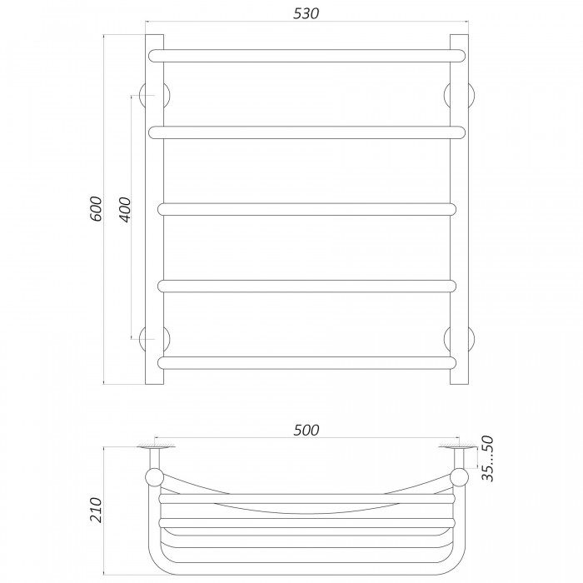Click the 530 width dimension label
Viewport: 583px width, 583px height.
coord(306,13)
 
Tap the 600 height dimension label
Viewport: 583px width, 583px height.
coord(96,208)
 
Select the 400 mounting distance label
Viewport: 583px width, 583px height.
coord(126,210)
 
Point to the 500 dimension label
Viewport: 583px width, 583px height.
coord(306,431)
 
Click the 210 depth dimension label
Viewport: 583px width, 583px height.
coord(96,510)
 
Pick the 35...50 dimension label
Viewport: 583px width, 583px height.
coord(487,458)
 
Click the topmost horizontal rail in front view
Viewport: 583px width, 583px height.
coord(306,56)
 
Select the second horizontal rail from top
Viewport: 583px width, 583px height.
coord(306,132)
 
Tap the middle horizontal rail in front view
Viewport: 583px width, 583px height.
coord(306,209)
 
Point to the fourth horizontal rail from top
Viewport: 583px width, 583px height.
coord(306,287)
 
